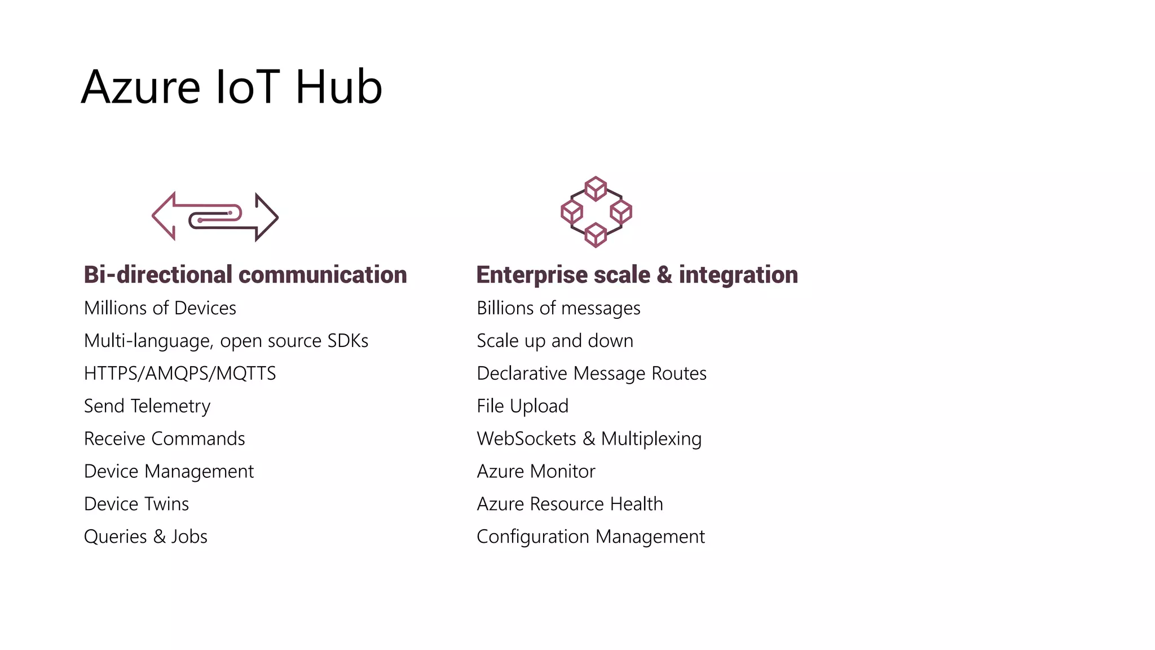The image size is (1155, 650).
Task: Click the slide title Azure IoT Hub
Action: click(x=232, y=87)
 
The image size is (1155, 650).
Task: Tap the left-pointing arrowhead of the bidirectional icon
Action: click(x=164, y=217)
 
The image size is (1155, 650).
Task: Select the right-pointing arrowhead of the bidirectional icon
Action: click(x=266, y=217)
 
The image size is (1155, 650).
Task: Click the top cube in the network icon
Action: click(x=596, y=188)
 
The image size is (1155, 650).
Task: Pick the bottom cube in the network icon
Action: click(x=596, y=235)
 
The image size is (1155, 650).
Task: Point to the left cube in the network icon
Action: click(x=571, y=212)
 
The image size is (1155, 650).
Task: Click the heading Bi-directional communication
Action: click(x=245, y=275)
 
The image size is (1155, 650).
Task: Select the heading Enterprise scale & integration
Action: click(x=637, y=275)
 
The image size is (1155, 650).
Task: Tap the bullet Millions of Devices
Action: click(x=160, y=308)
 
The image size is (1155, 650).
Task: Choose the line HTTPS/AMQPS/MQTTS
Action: click(x=180, y=374)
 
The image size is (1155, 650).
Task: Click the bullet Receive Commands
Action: click(x=164, y=439)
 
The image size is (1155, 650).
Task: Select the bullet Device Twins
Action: click(x=136, y=504)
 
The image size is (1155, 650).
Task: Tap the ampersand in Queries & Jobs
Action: click(x=160, y=537)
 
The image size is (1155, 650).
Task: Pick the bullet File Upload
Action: click(x=522, y=406)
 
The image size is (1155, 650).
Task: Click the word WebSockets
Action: click(x=526, y=439)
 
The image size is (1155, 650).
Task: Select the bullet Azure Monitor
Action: click(x=536, y=471)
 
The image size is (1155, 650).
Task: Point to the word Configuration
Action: click(x=533, y=537)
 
